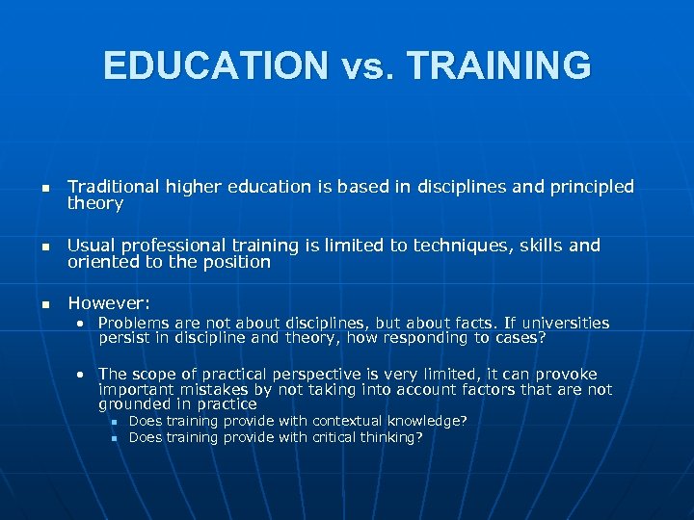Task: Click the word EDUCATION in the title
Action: click(215, 65)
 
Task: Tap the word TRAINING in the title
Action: click(499, 65)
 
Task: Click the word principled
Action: click(591, 187)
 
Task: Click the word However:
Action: click(109, 304)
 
